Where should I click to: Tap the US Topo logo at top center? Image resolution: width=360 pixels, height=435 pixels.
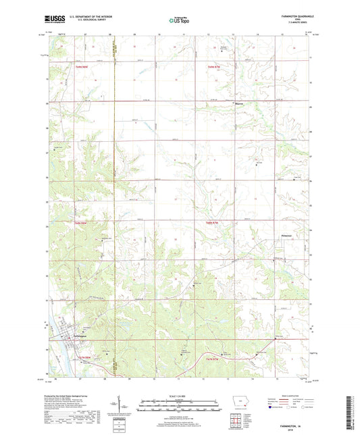(x=180, y=20)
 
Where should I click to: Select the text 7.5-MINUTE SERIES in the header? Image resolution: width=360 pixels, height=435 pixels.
(x=293, y=24)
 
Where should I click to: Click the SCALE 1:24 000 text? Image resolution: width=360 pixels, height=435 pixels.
(x=180, y=396)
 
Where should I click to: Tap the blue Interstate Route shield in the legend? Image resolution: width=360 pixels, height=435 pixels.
(x=272, y=408)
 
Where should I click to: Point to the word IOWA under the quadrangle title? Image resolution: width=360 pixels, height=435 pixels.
(x=293, y=20)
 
